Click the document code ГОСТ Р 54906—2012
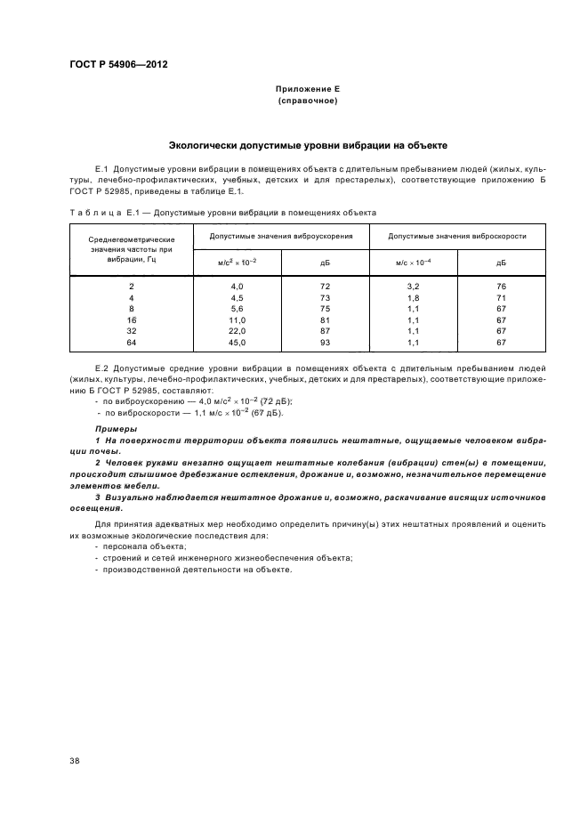118,65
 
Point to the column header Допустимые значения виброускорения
281,236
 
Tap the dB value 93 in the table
325,342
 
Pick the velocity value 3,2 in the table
413,285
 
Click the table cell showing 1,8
413,296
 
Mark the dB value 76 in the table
501,285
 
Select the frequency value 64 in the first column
132,342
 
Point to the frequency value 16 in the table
132,319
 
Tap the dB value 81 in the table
325,319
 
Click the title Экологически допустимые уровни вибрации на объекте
307,144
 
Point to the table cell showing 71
501,296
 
